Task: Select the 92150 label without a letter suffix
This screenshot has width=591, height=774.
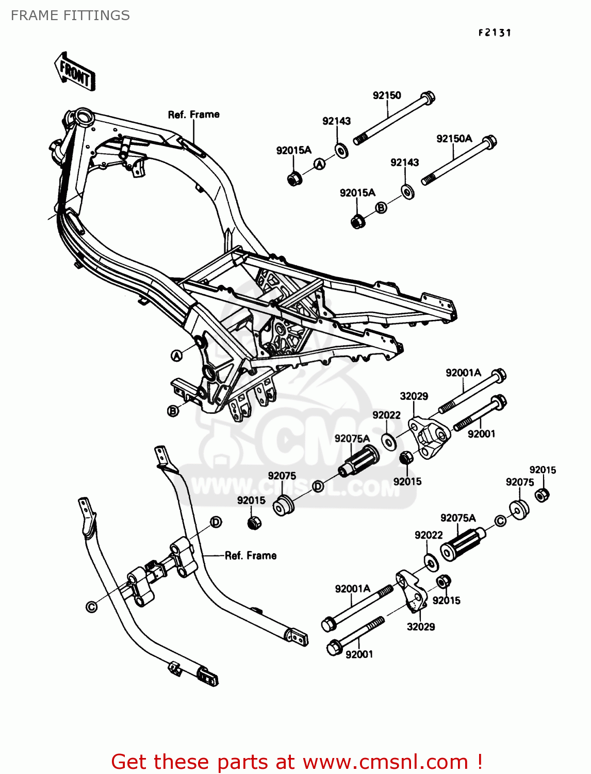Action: (387, 95)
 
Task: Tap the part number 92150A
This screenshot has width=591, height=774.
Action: (454, 139)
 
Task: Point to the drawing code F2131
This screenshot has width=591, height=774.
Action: (495, 33)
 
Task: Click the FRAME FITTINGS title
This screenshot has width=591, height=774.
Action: (70, 15)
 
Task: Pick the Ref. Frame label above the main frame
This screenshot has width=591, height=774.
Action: (193, 115)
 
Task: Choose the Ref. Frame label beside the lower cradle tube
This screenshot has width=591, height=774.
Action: (251, 556)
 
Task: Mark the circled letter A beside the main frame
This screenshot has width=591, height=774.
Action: (177, 356)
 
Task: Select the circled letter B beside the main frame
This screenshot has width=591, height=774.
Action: (173, 411)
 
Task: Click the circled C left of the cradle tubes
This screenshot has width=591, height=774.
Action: (91, 607)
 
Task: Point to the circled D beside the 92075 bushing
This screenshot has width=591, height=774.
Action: (318, 486)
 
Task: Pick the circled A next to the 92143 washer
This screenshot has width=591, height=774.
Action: (320, 164)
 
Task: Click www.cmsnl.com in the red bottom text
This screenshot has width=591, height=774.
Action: (385, 762)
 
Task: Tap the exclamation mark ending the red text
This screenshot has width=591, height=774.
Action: (480, 762)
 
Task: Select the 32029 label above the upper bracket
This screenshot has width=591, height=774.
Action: (414, 396)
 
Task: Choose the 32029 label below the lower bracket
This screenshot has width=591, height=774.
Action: (420, 627)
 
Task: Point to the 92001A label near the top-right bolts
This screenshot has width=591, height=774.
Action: (463, 373)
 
